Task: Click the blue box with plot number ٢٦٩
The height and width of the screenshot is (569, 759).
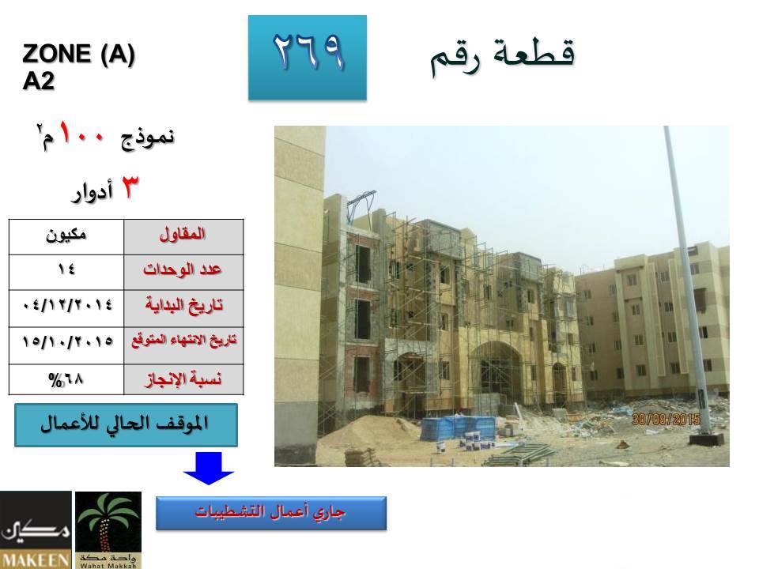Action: point(308,58)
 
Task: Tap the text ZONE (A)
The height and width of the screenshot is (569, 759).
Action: point(78,53)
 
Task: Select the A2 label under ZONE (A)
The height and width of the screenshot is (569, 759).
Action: point(38,81)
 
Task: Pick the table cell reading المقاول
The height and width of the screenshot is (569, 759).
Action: point(183,237)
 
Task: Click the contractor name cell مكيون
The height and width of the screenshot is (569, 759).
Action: point(66,237)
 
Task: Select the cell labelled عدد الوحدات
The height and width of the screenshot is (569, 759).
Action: point(183,273)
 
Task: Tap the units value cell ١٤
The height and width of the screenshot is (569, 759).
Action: point(66,273)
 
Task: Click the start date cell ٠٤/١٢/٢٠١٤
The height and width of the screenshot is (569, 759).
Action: point(66,309)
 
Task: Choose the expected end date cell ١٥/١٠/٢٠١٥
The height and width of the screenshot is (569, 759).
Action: point(66,345)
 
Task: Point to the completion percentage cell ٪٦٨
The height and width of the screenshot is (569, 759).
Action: point(66,379)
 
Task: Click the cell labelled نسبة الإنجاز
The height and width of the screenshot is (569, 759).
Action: point(183,379)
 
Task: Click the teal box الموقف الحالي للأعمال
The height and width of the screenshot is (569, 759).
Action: point(126,425)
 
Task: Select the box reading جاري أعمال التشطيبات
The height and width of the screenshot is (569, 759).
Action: point(271,513)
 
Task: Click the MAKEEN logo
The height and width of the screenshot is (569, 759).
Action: point(36,529)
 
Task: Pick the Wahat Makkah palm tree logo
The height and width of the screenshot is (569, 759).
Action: point(108,529)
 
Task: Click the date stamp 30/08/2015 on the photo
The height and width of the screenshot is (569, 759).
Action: point(666,419)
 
